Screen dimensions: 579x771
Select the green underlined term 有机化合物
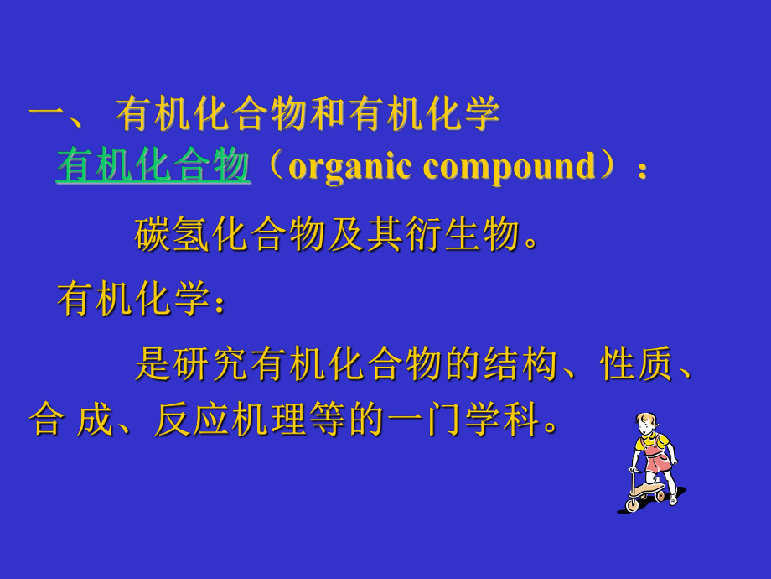153,166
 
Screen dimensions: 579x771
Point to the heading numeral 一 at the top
48,115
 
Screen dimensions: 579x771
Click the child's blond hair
648,420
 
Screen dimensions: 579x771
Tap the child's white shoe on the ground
672,500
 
